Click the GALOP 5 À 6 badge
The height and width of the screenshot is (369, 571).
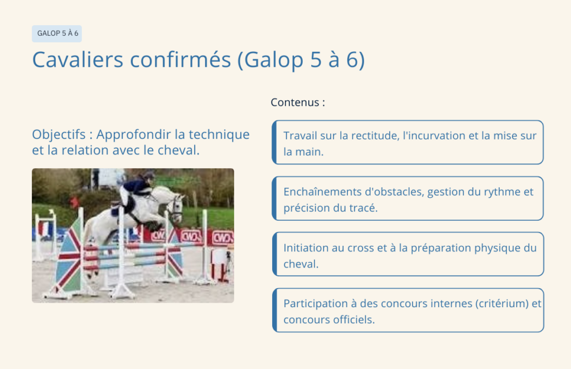click(57, 33)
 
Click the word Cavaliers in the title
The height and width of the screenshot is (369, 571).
click(78, 59)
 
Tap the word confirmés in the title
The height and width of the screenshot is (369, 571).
click(181, 59)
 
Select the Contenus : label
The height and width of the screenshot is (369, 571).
click(298, 102)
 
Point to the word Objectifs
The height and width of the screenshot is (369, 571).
click(59, 135)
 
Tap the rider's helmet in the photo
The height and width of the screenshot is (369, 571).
click(148, 176)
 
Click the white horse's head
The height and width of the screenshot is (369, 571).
click(176, 208)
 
